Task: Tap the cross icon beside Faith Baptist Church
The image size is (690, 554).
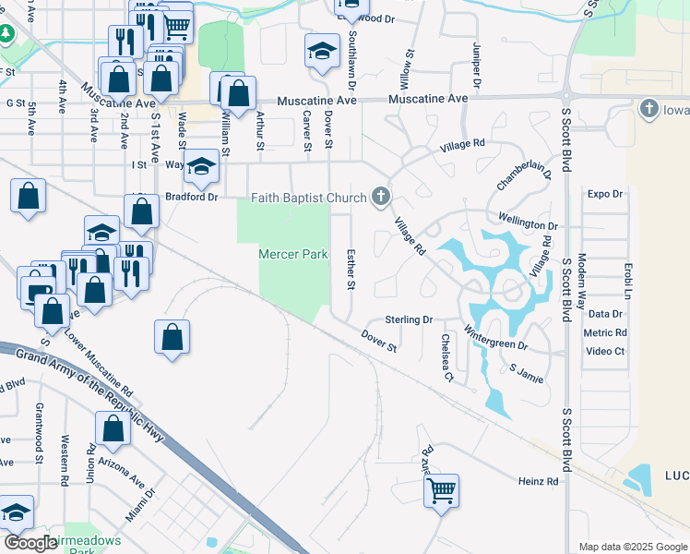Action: (x=379, y=196)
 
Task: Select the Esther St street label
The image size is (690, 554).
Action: (x=351, y=268)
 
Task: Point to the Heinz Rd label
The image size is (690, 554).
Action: (x=538, y=482)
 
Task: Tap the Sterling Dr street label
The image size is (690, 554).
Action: (x=409, y=319)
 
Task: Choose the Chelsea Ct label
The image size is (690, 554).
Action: (x=446, y=358)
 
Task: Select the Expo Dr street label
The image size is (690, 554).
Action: (x=605, y=194)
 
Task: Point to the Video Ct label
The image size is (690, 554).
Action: (x=605, y=351)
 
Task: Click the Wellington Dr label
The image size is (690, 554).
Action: (x=529, y=225)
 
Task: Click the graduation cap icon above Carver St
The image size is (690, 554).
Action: (x=322, y=51)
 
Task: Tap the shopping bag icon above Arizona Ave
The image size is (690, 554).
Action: (x=113, y=430)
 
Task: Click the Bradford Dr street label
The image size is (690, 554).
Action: (x=191, y=197)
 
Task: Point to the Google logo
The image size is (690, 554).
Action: (x=31, y=543)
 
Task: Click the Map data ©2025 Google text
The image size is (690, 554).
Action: (x=632, y=547)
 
